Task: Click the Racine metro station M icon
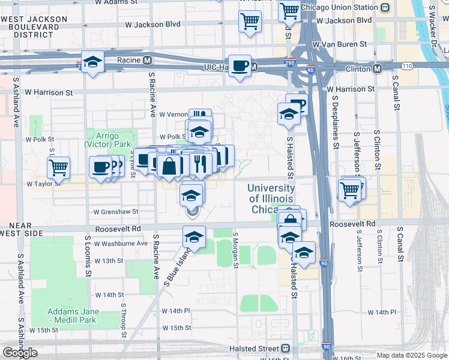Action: (x=147, y=60)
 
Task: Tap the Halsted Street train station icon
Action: (x=286, y=348)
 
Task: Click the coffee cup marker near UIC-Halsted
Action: (x=240, y=66)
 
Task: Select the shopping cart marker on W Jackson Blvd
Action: (x=250, y=22)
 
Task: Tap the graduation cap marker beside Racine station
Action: (x=92, y=62)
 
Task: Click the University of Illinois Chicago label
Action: (x=271, y=199)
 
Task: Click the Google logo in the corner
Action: (x=20, y=353)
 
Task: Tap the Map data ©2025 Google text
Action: (x=412, y=355)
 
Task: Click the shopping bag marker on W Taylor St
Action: (x=169, y=166)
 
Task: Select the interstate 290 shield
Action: (x=289, y=62)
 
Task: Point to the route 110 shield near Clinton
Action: (x=407, y=65)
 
